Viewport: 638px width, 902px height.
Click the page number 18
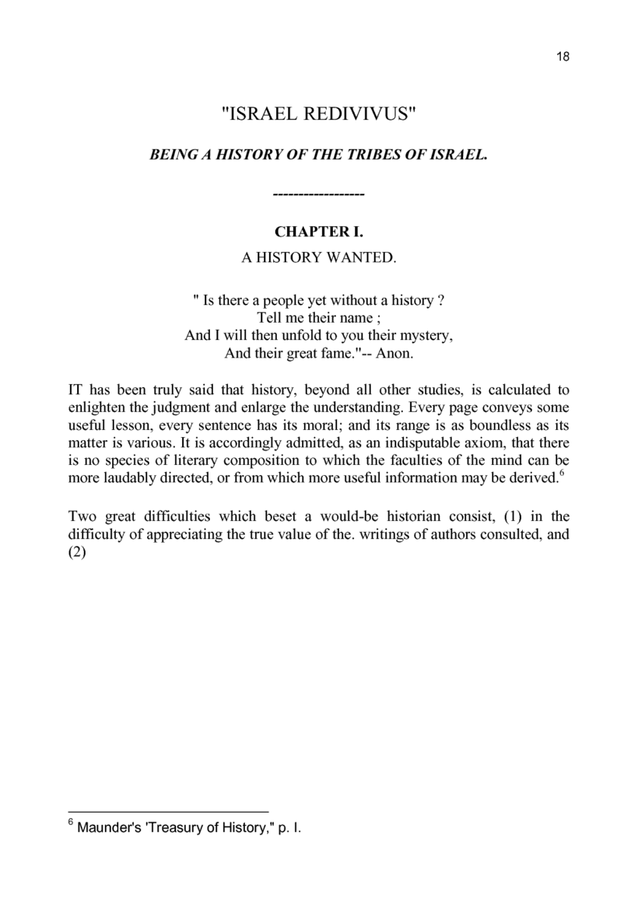(x=564, y=57)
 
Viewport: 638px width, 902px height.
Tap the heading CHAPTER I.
(x=319, y=232)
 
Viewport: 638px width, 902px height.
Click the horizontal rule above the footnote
(x=168, y=809)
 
